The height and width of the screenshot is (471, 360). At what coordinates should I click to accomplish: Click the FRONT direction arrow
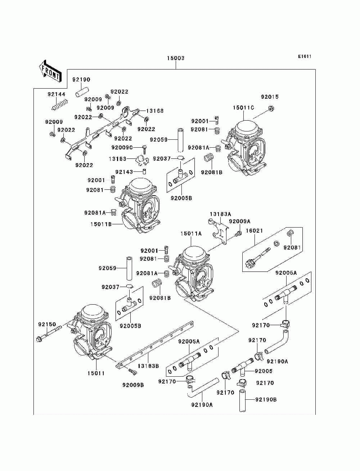click(50, 71)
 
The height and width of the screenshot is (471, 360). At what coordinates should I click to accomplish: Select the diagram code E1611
click(305, 57)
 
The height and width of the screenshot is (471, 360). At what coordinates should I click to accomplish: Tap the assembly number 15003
click(176, 58)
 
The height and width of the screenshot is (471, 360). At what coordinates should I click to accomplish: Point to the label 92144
click(57, 94)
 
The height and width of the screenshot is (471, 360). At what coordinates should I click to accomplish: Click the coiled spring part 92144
click(60, 105)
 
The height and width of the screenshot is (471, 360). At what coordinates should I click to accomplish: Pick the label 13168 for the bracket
click(155, 111)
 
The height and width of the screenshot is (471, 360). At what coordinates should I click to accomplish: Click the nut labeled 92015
click(271, 109)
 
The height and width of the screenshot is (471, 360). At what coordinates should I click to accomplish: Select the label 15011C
click(243, 108)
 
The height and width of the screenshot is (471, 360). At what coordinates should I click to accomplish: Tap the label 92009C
click(122, 148)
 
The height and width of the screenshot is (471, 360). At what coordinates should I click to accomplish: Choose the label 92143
click(124, 172)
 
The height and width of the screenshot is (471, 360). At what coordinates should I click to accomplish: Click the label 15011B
click(101, 224)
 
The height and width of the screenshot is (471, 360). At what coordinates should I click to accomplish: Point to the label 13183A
click(220, 214)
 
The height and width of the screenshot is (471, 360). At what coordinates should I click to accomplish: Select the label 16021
click(254, 231)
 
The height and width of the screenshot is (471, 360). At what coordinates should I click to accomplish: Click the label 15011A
click(191, 233)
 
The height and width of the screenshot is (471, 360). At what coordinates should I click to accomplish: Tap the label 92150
click(47, 324)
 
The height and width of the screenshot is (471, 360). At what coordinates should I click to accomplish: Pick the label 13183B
click(148, 366)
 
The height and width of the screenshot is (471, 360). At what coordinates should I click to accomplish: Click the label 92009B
click(133, 385)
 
